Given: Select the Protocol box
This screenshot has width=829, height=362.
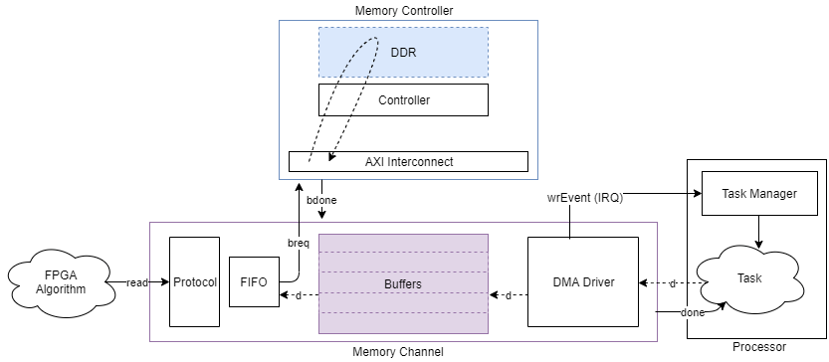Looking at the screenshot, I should [194, 281].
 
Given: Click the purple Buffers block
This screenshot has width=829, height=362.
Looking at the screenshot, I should [403, 283].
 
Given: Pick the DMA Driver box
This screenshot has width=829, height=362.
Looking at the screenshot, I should [581, 282].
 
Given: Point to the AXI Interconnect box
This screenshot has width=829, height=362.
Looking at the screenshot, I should [408, 161].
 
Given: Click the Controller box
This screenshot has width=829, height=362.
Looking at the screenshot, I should [403, 99].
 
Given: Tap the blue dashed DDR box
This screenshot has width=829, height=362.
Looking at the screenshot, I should [403, 52].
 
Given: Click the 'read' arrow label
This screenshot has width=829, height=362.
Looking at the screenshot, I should [137, 282].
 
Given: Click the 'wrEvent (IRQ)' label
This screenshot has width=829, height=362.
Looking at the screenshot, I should [585, 197].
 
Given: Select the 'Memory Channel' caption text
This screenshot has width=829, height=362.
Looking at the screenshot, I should [398, 351].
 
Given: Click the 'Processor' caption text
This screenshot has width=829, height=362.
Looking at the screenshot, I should [758, 347].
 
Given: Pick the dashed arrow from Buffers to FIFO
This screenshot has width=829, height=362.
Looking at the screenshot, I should [299, 295].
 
